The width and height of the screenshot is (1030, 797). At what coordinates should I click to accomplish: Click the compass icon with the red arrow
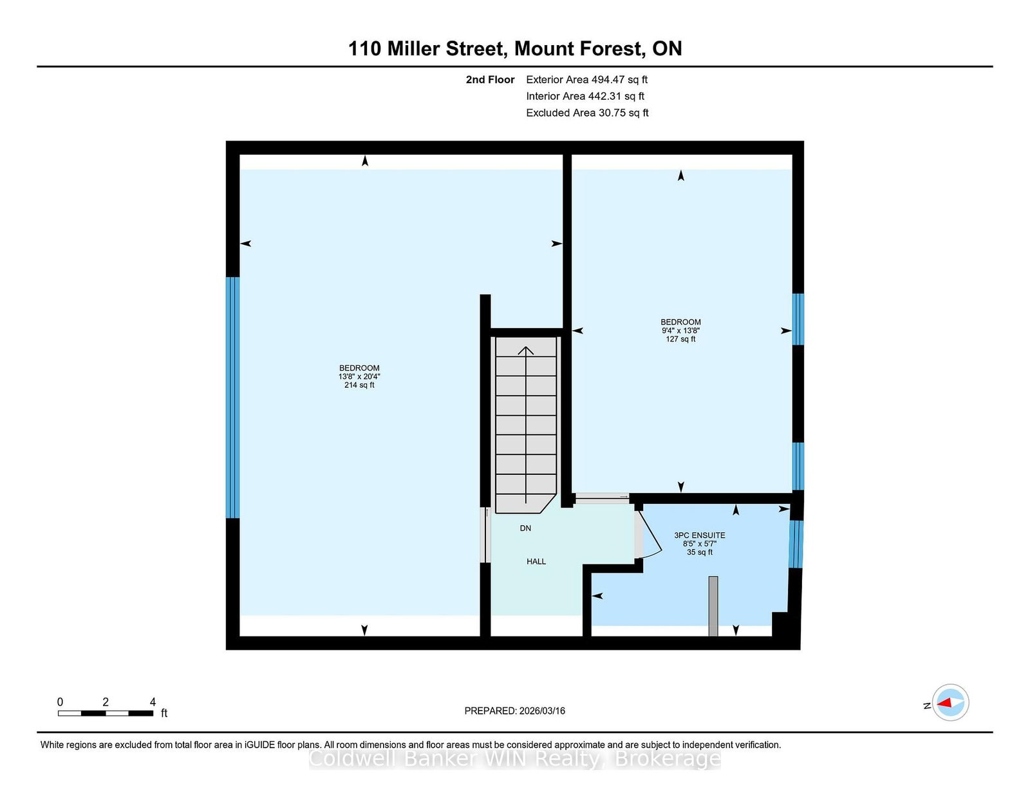click(x=950, y=702)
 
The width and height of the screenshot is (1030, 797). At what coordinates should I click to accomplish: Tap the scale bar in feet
click(x=105, y=713)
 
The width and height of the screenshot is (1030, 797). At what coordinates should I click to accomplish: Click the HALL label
click(x=536, y=562)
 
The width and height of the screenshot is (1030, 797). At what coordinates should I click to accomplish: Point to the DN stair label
click(x=525, y=528)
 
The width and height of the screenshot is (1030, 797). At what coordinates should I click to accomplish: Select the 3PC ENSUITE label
click(x=700, y=535)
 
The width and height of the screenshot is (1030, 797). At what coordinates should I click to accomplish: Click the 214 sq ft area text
click(x=359, y=385)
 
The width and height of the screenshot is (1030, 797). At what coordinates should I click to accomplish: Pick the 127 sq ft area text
click(x=680, y=339)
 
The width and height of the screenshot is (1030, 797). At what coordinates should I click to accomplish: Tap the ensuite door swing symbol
click(x=648, y=534)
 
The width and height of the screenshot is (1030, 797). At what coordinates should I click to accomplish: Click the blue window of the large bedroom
click(x=232, y=398)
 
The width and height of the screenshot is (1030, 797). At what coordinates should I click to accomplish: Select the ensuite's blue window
click(x=796, y=544)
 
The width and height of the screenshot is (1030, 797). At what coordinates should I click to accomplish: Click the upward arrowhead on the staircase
click(x=526, y=351)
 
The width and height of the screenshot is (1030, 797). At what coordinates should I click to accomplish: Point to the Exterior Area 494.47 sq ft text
click(x=587, y=80)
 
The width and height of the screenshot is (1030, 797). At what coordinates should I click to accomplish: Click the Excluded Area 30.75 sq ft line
click(x=587, y=113)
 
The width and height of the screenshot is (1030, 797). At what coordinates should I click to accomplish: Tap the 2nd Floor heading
click(x=490, y=80)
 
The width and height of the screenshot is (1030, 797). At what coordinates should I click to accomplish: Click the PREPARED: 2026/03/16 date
click(x=515, y=711)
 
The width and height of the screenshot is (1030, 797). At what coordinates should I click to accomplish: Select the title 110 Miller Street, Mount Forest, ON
click(x=515, y=49)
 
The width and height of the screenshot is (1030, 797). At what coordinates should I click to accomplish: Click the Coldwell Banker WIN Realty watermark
click(x=515, y=760)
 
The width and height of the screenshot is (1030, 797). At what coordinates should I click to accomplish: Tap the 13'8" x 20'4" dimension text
click(x=359, y=377)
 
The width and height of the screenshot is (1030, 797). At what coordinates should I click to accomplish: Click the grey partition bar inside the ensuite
click(x=713, y=606)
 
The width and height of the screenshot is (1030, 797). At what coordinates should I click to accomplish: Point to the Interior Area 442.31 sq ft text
click(x=585, y=96)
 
